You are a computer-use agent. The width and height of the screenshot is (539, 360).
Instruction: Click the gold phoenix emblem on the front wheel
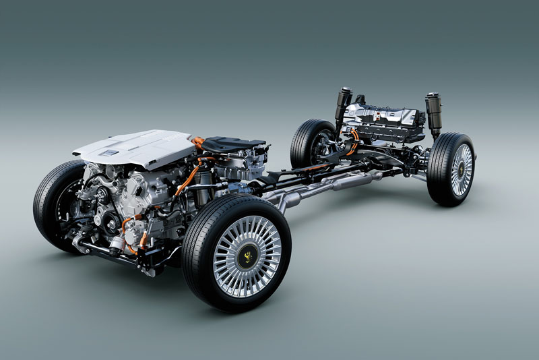247,257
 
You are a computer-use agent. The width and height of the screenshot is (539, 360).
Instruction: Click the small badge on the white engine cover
108,154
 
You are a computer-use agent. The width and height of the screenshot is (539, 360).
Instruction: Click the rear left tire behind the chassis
307,142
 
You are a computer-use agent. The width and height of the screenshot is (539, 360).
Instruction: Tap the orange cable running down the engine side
187,178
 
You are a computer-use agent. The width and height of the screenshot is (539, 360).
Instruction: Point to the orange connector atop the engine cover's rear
197,142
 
